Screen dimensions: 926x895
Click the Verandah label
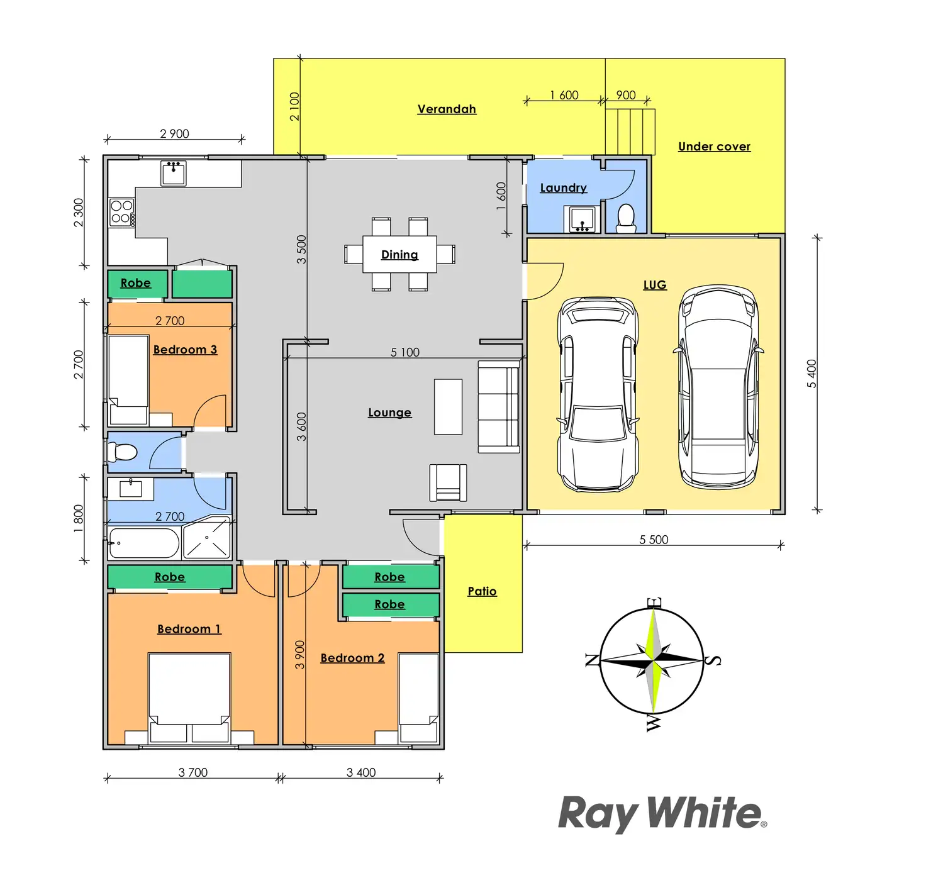pos(447,109)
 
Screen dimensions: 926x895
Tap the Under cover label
pos(714,147)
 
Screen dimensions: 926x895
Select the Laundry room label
pos(563,188)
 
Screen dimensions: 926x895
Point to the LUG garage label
pos(654,285)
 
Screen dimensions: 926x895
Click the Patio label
pos(482,591)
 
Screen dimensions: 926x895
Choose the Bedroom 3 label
pos(185,350)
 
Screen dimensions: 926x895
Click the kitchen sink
pos(173,172)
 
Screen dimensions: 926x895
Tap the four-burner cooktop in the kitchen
pos(121,212)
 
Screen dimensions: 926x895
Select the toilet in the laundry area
pos(626,218)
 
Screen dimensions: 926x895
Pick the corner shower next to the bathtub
pos(207,539)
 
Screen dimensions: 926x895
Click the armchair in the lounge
pos(448,482)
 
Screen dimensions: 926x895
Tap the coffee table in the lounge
pos(448,407)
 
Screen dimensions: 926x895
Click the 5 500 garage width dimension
pos(654,540)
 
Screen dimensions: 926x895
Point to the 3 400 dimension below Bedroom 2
pos(361,772)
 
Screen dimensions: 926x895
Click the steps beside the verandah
pos(630,131)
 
